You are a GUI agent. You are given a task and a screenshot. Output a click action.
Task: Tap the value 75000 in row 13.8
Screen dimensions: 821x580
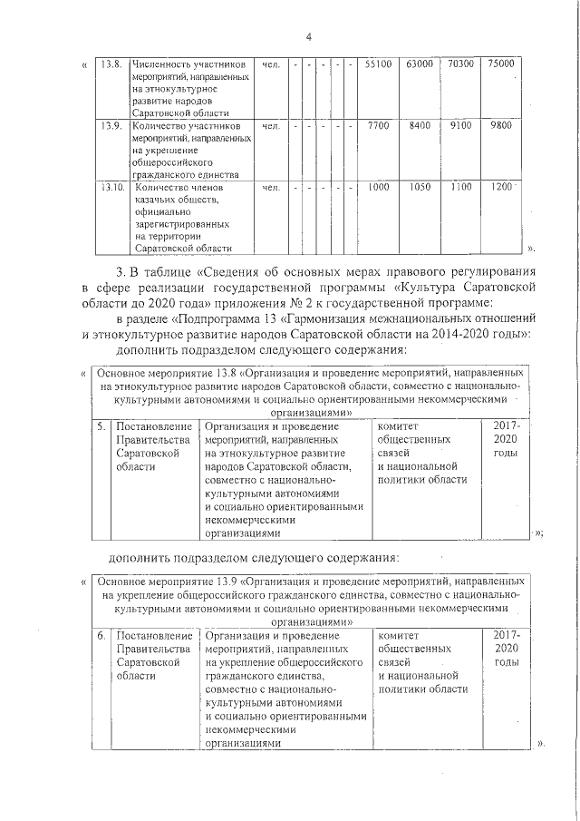[500, 64]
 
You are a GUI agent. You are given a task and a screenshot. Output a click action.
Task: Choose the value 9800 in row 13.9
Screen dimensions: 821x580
[500, 126]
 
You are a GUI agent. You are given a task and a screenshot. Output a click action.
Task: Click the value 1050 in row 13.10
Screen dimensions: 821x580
[420, 187]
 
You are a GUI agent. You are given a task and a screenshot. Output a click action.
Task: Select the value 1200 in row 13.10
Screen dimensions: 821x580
[500, 187]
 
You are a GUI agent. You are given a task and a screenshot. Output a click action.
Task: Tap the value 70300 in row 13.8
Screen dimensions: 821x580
[460, 64]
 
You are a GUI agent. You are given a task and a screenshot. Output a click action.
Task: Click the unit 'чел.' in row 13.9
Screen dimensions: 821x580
[269, 126]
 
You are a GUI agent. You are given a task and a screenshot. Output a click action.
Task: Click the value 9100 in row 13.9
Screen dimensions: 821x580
[460, 126]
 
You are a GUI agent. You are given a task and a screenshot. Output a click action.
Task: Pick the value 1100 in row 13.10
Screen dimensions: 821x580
[460, 187]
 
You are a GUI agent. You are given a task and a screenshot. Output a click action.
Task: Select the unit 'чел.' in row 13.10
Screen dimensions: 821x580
[269, 187]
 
